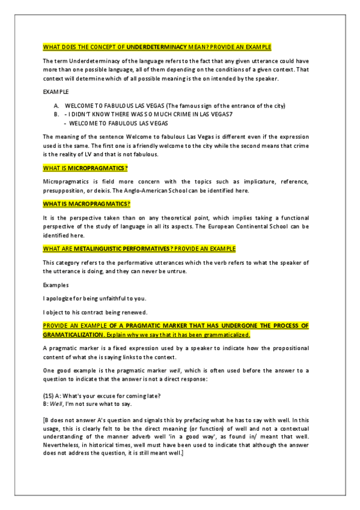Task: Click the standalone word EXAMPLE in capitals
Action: point(56,92)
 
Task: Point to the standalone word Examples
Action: point(56,284)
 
